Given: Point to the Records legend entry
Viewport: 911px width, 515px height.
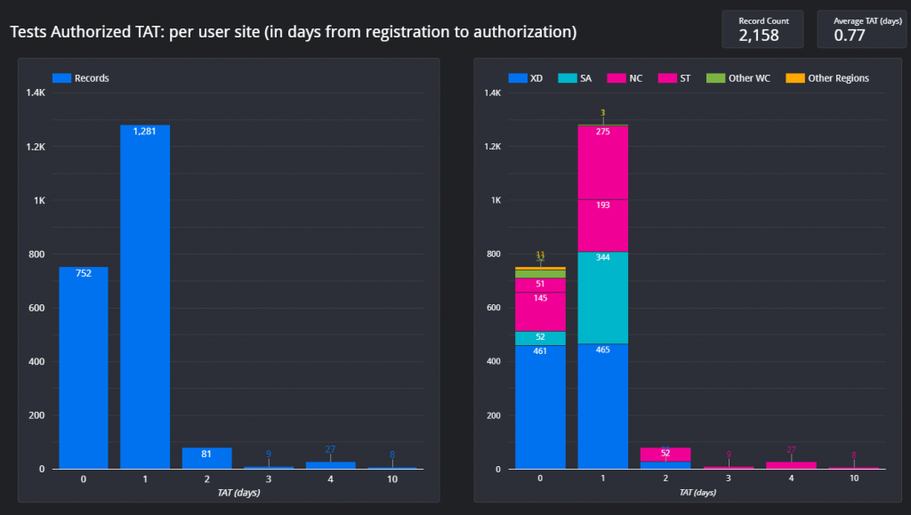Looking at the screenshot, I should [x=81, y=78].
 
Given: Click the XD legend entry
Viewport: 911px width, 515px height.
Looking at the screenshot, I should [x=526, y=78].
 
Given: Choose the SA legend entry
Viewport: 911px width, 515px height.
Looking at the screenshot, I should [x=575, y=78].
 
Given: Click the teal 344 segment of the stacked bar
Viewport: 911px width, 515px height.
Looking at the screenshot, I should [x=603, y=298].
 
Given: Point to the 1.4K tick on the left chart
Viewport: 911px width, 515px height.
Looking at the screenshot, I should [x=36, y=93].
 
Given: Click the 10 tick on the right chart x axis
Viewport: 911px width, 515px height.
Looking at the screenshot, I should [x=853, y=479].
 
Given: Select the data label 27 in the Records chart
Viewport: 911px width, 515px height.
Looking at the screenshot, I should [x=330, y=450].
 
